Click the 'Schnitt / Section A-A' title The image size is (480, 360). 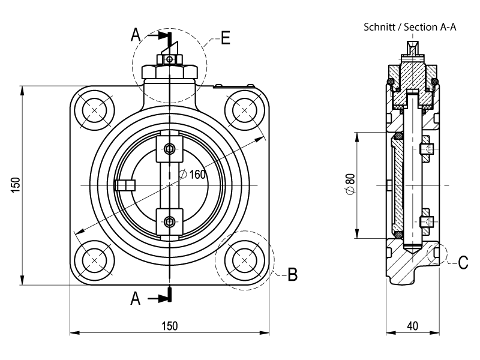pyautogui.click(x=410, y=28)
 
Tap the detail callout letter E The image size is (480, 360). pyautogui.click(x=226, y=38)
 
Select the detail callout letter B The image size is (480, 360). pyautogui.click(x=292, y=274)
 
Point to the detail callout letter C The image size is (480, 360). pyautogui.click(x=463, y=262)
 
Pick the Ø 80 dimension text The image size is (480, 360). pyautogui.click(x=350, y=183)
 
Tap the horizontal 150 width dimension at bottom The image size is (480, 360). pyautogui.click(x=169, y=326)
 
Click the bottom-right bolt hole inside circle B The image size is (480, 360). pyautogui.click(x=244, y=259)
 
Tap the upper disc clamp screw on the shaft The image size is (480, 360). pyautogui.click(x=170, y=149)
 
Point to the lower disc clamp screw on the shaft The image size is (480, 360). pyautogui.click(x=170, y=222)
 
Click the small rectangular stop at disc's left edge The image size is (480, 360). pyautogui.click(x=125, y=185)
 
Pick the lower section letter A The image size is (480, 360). pyautogui.click(x=137, y=298)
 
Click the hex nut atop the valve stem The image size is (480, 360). pyautogui.click(x=169, y=71)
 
